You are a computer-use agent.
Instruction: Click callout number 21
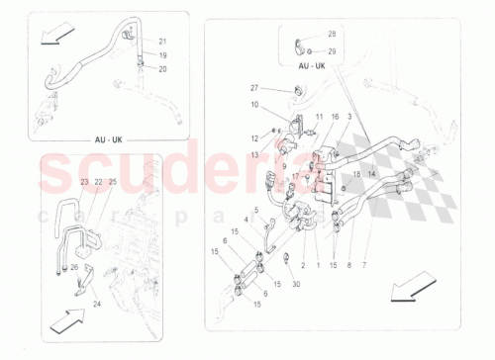163,41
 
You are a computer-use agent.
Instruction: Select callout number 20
163,69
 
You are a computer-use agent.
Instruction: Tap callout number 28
332,35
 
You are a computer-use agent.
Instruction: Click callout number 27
253,89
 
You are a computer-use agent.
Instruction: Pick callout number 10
253,104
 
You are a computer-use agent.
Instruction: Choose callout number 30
296,283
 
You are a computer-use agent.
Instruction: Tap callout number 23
85,182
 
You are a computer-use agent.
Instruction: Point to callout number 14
372,174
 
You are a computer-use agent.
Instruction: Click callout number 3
348,117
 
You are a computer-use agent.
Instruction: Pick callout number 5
255,210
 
